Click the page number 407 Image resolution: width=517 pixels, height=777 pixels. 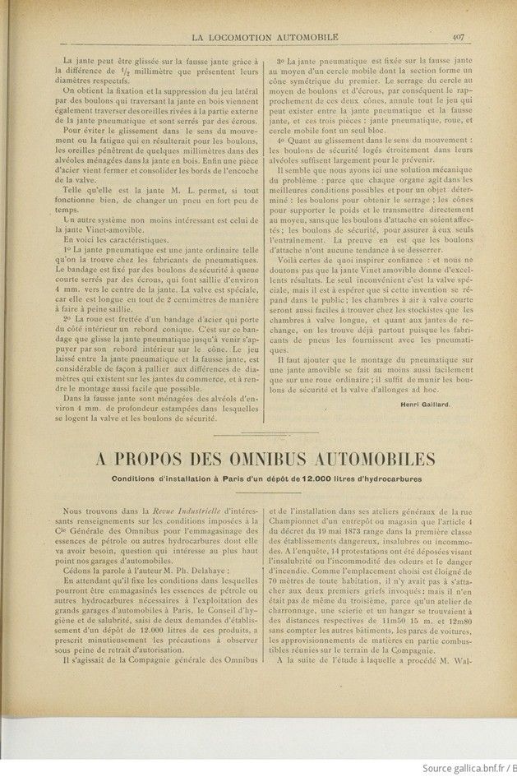[x=459, y=35]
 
